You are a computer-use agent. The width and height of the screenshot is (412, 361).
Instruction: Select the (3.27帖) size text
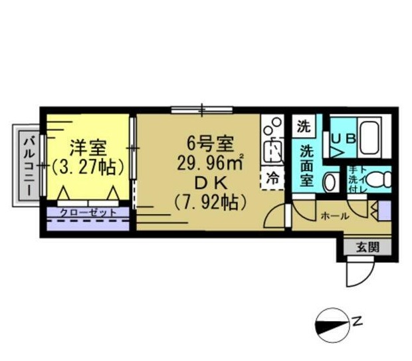(88, 166)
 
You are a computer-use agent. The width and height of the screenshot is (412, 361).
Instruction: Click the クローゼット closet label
(88, 213)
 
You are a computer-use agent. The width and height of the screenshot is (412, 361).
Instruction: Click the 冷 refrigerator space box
(272, 178)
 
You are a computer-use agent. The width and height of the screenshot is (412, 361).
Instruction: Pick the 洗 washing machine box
(304, 125)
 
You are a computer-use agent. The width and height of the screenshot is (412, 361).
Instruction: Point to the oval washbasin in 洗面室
(328, 181)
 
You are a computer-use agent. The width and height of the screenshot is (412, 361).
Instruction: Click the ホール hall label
(334, 216)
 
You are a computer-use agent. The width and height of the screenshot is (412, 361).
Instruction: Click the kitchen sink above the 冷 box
(272, 151)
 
